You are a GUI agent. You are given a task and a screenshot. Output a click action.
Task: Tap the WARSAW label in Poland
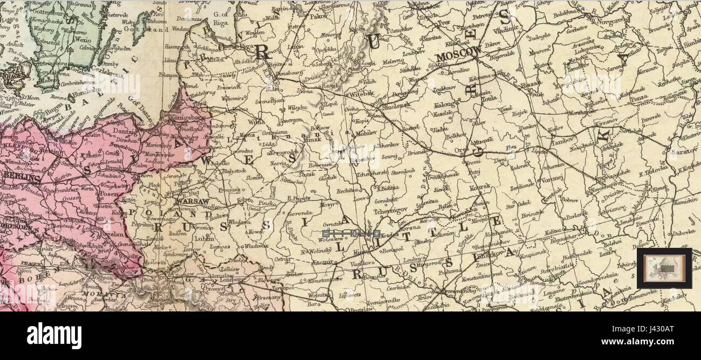[x=191, y=202]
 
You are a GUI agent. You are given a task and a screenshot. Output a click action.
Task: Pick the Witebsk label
[x=362, y=93]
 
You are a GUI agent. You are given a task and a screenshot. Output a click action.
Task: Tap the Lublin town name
[x=203, y=238]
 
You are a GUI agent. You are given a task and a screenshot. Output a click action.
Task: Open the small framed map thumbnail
[x=664, y=268]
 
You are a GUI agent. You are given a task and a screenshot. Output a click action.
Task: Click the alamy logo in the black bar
[x=54, y=335]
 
